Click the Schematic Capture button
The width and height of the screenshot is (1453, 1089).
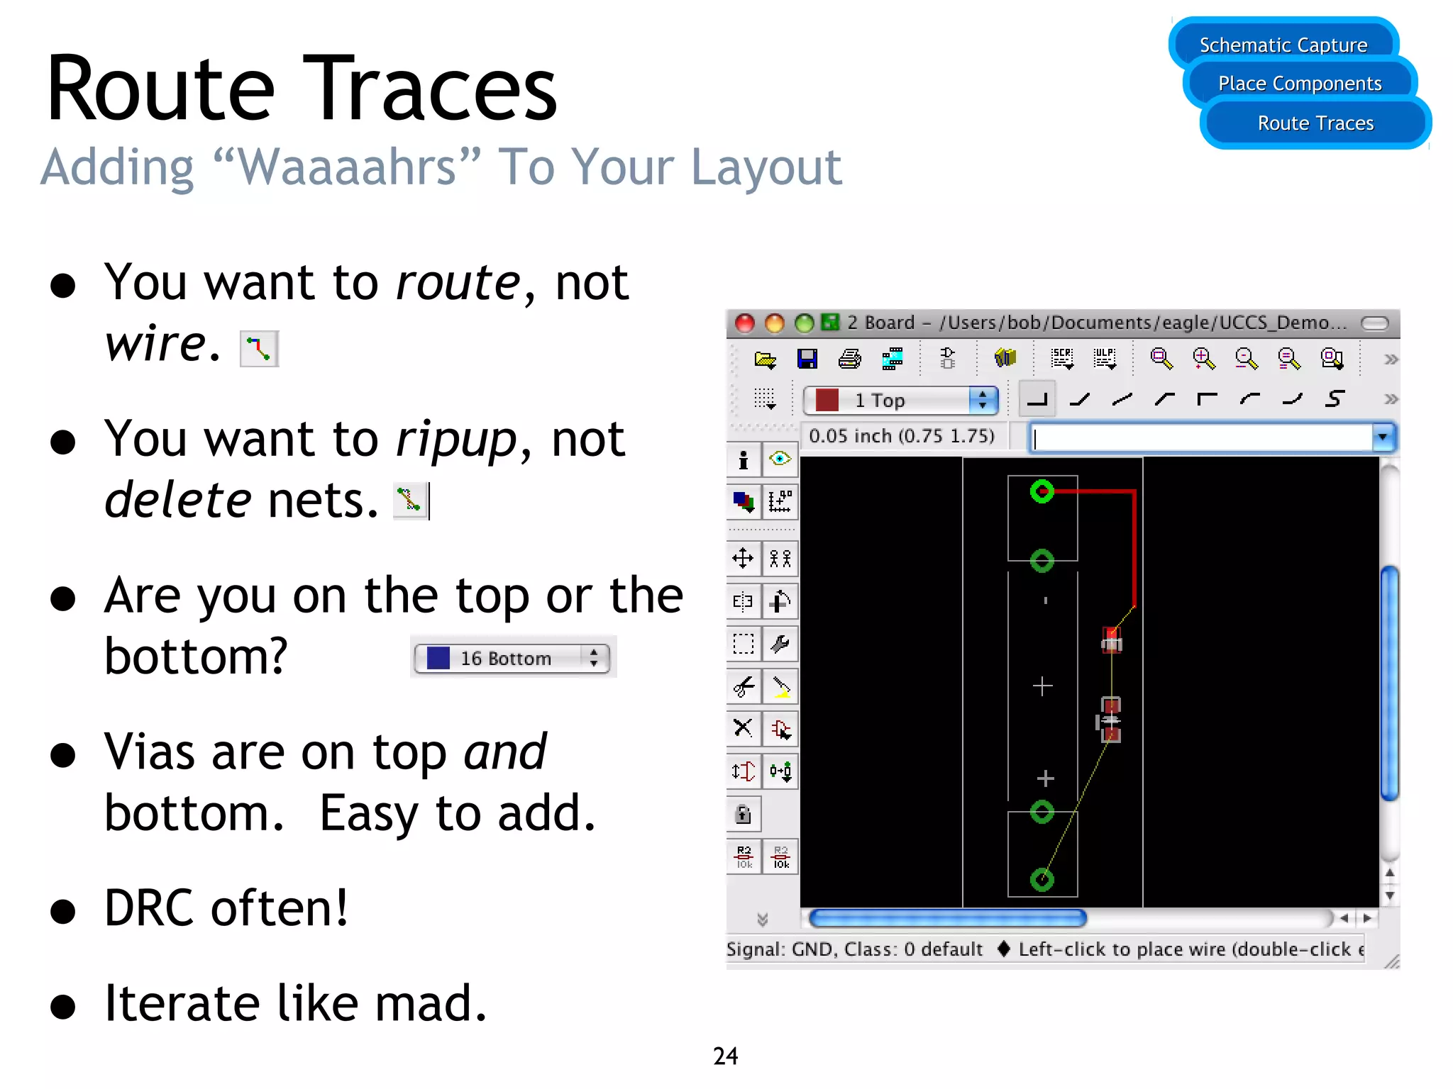[1283, 45]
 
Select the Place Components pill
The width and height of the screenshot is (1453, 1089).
[1299, 84]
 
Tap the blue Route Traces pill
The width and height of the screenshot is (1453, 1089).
[1315, 123]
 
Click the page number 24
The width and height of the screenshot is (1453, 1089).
[725, 1056]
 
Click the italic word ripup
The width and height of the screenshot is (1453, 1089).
[455, 440]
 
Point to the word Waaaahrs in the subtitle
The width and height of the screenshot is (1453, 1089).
[347, 167]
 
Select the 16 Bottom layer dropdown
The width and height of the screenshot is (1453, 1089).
[512, 658]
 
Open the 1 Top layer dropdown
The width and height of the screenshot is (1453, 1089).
[900, 401]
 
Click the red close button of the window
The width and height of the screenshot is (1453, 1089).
[744, 323]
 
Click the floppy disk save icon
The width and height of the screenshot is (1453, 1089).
[807, 359]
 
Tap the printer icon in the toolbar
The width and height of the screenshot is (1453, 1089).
[849, 359]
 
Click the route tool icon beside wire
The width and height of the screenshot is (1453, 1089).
[259, 349]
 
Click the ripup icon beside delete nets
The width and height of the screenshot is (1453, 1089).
[410, 500]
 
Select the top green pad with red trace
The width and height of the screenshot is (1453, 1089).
[1042, 491]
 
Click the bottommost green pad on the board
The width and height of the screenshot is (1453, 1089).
[1042, 880]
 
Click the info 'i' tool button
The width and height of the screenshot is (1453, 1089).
[744, 460]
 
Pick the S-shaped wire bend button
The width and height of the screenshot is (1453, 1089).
[1335, 399]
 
